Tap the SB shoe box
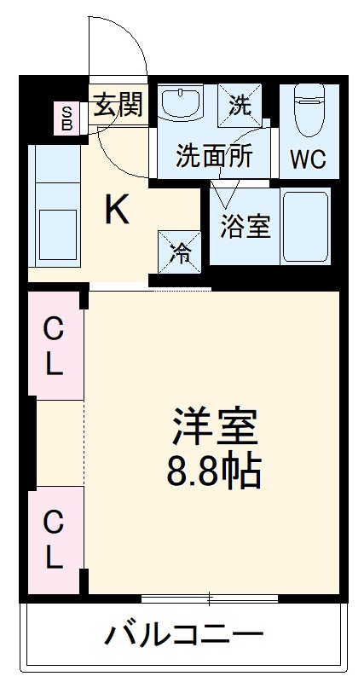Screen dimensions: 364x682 click(x=66, y=118)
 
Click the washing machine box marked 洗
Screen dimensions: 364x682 click(x=240, y=106)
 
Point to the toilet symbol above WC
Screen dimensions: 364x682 click(x=309, y=109)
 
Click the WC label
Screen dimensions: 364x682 click(x=309, y=160)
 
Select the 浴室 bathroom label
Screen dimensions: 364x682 click(x=246, y=227)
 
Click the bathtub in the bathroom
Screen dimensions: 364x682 click(x=305, y=226)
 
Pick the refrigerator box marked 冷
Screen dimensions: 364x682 click(x=180, y=252)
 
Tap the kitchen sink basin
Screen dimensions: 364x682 click(x=58, y=235)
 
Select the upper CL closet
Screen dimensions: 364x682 click(x=55, y=345)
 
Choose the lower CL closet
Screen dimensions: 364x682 click(x=55, y=540)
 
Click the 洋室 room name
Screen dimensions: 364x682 click(x=216, y=427)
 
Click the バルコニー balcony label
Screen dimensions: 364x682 click(x=183, y=635)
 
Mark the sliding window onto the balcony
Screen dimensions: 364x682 click(x=210, y=599)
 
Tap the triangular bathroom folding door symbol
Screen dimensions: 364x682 click(x=225, y=194)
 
